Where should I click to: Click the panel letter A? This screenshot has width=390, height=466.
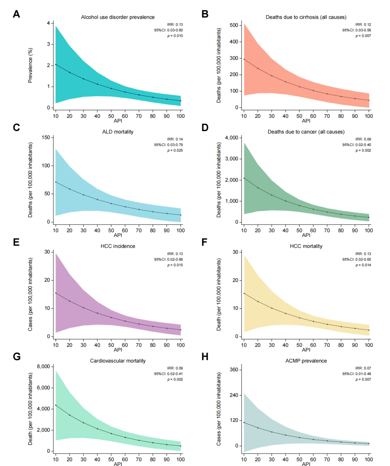[16, 14]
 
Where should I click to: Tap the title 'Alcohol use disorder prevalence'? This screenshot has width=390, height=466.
[118, 17]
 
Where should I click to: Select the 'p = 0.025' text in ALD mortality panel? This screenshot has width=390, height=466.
[175, 150]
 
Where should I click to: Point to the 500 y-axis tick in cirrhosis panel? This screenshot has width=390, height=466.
[234, 25]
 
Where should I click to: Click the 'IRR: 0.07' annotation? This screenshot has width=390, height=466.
[363, 368]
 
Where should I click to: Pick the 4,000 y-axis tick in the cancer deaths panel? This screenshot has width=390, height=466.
[231, 138]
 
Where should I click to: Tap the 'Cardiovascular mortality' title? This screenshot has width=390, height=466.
[118, 361]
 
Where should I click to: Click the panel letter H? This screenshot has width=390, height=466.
[205, 357]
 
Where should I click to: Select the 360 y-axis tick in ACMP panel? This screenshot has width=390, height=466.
[234, 370]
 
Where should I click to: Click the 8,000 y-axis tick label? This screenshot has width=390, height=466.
[43, 366]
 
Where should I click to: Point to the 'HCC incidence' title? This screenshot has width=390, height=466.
[118, 246]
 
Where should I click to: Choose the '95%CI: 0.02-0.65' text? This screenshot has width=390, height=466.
[356, 259]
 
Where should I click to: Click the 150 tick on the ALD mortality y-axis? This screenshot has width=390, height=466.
[46, 137]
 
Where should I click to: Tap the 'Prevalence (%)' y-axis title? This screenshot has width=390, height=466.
[30, 65]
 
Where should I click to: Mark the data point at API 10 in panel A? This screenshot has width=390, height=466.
[56, 64]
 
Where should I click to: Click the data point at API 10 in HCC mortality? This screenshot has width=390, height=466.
[244, 293]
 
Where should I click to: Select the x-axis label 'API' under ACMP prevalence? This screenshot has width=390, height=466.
[306, 464]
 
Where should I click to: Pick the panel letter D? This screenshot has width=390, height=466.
[205, 128]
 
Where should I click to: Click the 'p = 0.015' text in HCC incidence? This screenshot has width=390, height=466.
[175, 265]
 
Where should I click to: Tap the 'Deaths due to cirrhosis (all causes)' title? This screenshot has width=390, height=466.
[306, 17]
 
